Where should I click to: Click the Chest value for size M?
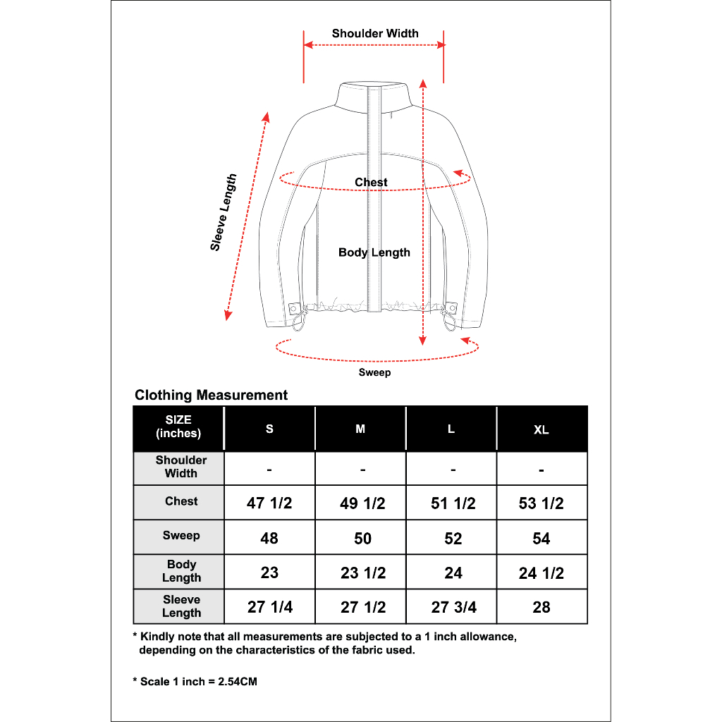click(x=362, y=503)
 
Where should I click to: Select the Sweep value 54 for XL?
click(x=541, y=538)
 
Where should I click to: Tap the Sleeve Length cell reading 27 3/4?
click(x=453, y=607)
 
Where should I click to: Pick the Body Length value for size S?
click(x=269, y=573)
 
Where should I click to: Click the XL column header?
click(x=541, y=429)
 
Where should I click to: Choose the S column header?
click(x=269, y=429)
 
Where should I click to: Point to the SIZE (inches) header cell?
click(x=178, y=427)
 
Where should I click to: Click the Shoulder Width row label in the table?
click(x=181, y=467)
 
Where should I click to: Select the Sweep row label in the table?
click(x=181, y=536)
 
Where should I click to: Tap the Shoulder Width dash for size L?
click(x=453, y=469)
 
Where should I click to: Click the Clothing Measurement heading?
click(x=211, y=395)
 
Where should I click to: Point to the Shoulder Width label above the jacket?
click(x=375, y=33)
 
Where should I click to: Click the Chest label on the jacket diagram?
click(x=371, y=183)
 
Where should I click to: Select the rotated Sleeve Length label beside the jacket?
click(x=224, y=212)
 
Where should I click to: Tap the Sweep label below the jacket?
click(x=374, y=372)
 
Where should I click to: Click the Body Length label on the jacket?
click(x=374, y=252)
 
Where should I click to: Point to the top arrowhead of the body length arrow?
click(x=422, y=82)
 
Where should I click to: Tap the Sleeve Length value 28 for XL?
click(x=541, y=607)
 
